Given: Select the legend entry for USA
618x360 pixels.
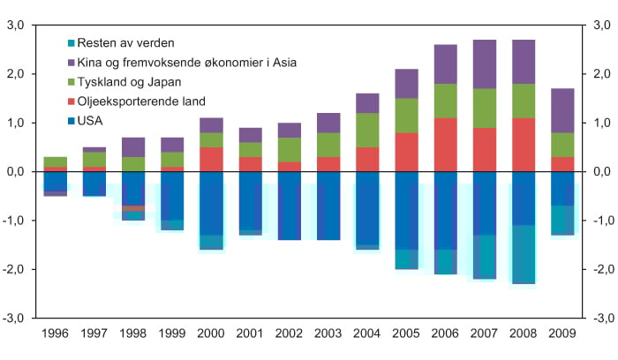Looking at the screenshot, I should pyautogui.click(x=92, y=120).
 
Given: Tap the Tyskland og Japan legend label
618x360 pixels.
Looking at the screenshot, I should pyautogui.click(x=135, y=81).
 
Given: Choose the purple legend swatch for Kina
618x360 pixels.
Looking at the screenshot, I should pyautogui.click(x=70, y=62).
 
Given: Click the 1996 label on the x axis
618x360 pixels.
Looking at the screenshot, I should pyautogui.click(x=55, y=334).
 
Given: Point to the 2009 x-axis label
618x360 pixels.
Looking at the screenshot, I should pyautogui.click(x=562, y=334).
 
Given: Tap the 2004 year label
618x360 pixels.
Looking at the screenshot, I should pyautogui.click(x=367, y=334).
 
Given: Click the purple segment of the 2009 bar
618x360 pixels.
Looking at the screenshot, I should pyautogui.click(x=562, y=110).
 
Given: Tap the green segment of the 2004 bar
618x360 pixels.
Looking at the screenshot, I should pyautogui.click(x=367, y=130).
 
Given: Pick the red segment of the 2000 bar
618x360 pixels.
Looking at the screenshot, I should pyautogui.click(x=211, y=159).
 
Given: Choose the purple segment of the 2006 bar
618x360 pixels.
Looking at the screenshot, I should pyautogui.click(x=445, y=64).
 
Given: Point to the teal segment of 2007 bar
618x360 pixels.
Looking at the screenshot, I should pyautogui.click(x=484, y=257).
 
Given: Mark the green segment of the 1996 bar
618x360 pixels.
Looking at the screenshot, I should pyautogui.click(x=55, y=161).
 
